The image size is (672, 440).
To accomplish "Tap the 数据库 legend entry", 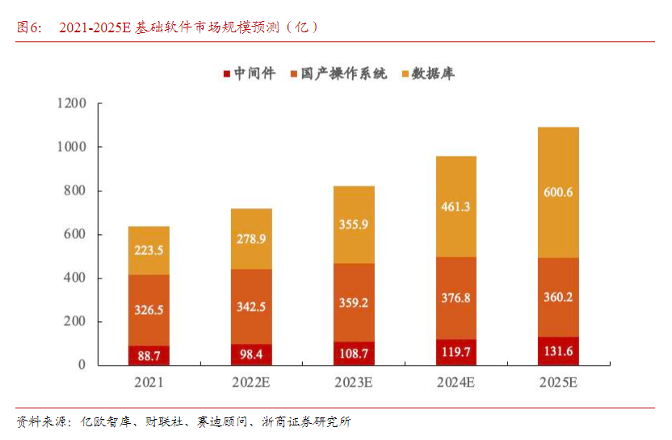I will [434, 74].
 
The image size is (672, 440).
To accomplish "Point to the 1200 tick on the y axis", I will [72, 103].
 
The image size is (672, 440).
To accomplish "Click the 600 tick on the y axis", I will [75, 235].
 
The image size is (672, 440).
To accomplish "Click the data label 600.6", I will [558, 192].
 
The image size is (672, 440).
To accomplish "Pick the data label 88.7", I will [149, 355].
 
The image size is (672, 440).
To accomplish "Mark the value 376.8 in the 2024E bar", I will [456, 298].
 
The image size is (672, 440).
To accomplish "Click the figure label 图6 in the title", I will [29, 27].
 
